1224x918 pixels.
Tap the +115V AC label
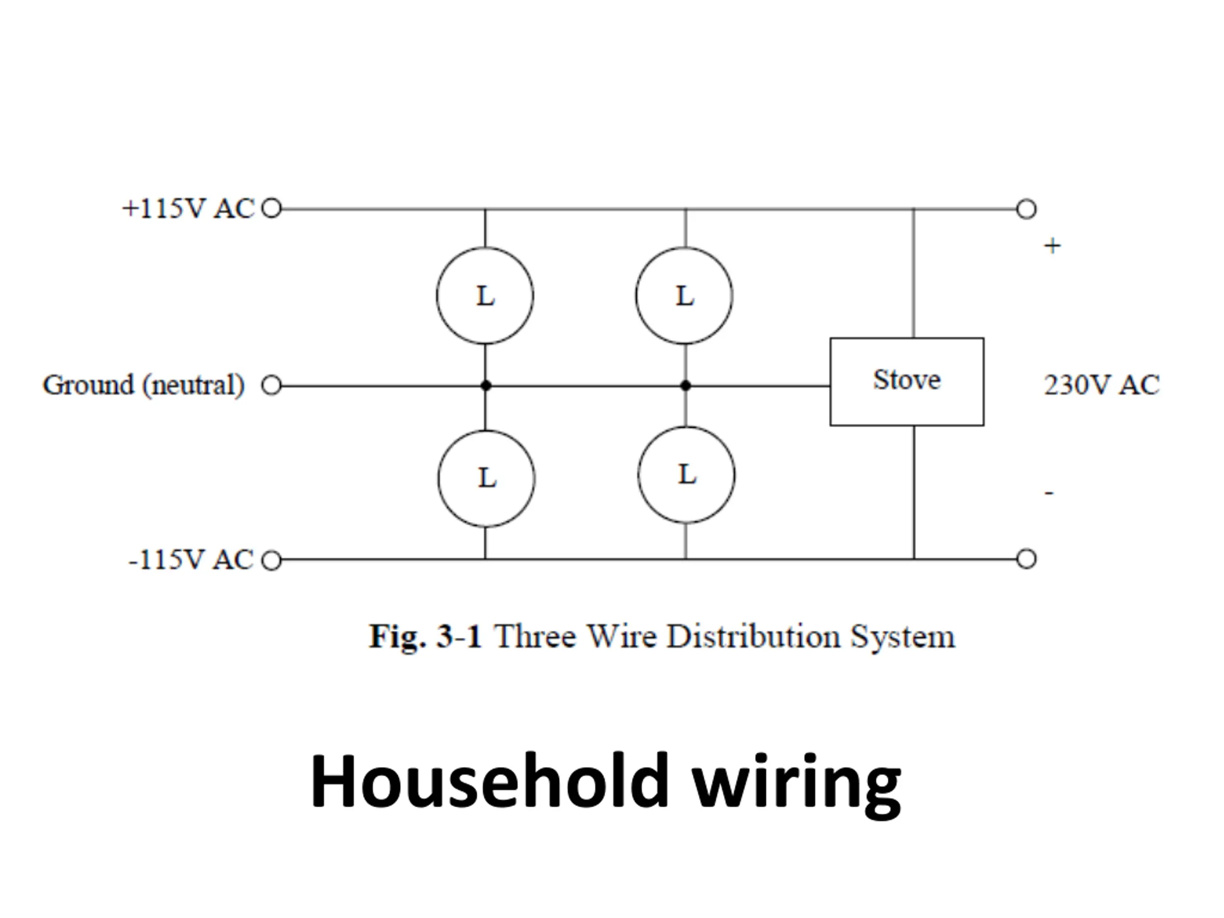tap(188, 208)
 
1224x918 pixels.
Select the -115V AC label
tap(191, 559)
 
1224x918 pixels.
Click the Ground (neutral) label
tap(144, 385)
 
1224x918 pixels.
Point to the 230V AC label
tap(1102, 384)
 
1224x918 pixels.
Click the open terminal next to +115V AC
tap(271, 208)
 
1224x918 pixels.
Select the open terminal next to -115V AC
tap(271, 560)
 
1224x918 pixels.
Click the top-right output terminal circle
tap(1027, 209)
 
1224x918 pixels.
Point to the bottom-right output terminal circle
tap(1027, 559)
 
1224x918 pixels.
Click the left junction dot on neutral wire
tap(486, 386)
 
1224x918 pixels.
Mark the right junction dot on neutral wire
tap(686, 386)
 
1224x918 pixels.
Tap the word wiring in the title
tap(798, 786)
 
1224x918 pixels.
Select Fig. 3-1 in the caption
tap(425, 636)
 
